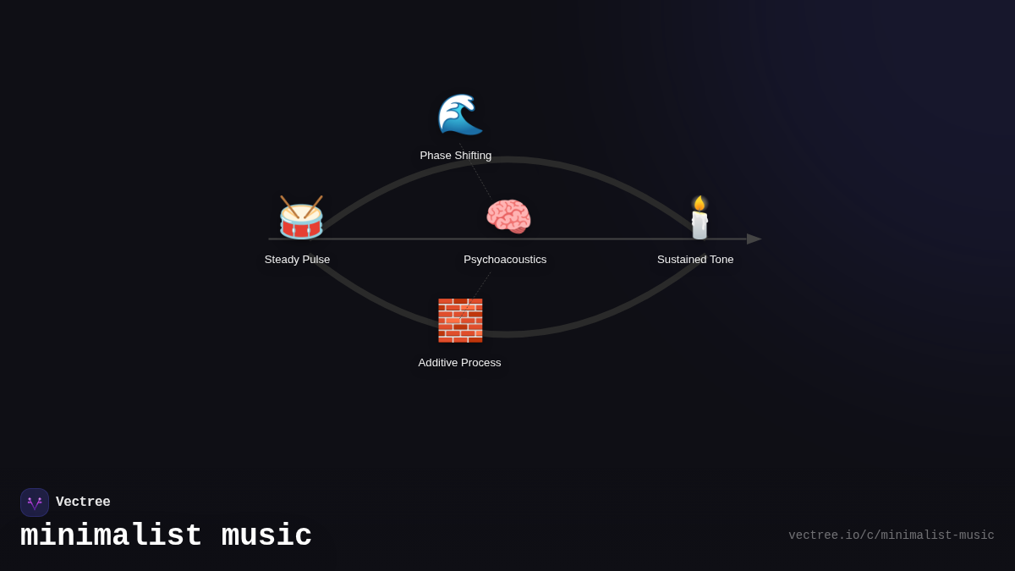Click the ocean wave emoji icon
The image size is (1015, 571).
(x=459, y=114)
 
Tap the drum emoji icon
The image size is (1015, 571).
(x=301, y=219)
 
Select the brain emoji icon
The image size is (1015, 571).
(x=508, y=217)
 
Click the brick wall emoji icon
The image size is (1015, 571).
(x=459, y=321)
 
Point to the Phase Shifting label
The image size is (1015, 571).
(x=455, y=156)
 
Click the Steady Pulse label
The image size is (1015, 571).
(x=297, y=260)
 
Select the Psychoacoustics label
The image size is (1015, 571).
(x=505, y=260)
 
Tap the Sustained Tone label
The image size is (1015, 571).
(x=695, y=260)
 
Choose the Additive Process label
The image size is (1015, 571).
(x=459, y=363)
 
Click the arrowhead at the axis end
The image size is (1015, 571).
(x=753, y=239)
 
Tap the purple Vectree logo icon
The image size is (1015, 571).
(x=35, y=502)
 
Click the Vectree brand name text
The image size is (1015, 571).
(x=83, y=502)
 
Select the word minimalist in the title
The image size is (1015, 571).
(x=111, y=536)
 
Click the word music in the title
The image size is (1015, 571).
(x=266, y=536)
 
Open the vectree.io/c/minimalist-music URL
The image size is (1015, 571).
(x=891, y=535)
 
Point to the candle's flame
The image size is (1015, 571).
(x=700, y=203)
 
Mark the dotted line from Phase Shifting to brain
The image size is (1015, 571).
(x=481, y=181)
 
